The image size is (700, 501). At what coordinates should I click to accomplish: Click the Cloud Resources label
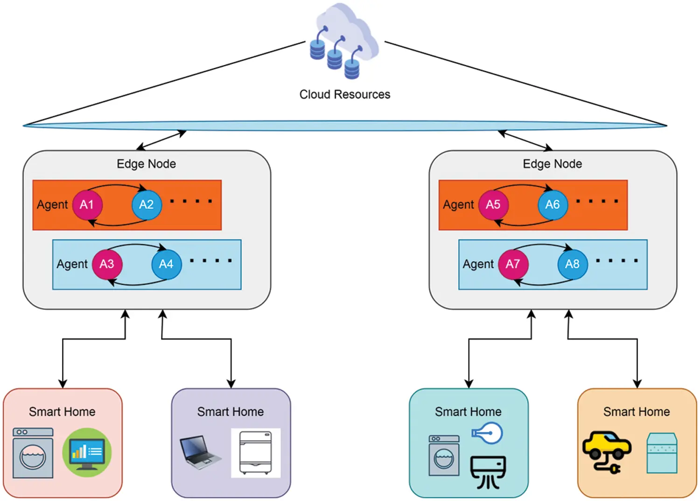[344, 94]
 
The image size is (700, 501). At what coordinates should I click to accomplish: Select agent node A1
[87, 205]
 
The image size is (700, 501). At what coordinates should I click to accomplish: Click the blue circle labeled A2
[147, 205]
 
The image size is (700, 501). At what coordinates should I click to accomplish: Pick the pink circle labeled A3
[107, 264]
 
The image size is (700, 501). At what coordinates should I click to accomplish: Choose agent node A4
[166, 264]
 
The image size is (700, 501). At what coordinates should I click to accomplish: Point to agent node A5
[493, 205]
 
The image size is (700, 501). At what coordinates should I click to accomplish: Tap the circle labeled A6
[553, 205]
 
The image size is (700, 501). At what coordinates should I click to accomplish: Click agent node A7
[513, 264]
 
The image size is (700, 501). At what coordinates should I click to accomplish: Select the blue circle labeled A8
[573, 264]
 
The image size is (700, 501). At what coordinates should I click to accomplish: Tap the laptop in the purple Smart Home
[199, 451]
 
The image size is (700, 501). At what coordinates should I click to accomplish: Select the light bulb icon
[487, 433]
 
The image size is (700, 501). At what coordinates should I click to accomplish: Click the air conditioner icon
[488, 471]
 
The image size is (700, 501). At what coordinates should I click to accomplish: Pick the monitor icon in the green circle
[87, 452]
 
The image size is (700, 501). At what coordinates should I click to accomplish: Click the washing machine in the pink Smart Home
[33, 453]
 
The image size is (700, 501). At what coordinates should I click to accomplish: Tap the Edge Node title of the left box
[146, 164]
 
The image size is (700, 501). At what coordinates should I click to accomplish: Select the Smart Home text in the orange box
[636, 412]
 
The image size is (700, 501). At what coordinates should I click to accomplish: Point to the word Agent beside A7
[478, 264]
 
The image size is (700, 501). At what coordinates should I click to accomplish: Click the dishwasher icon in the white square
[255, 452]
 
